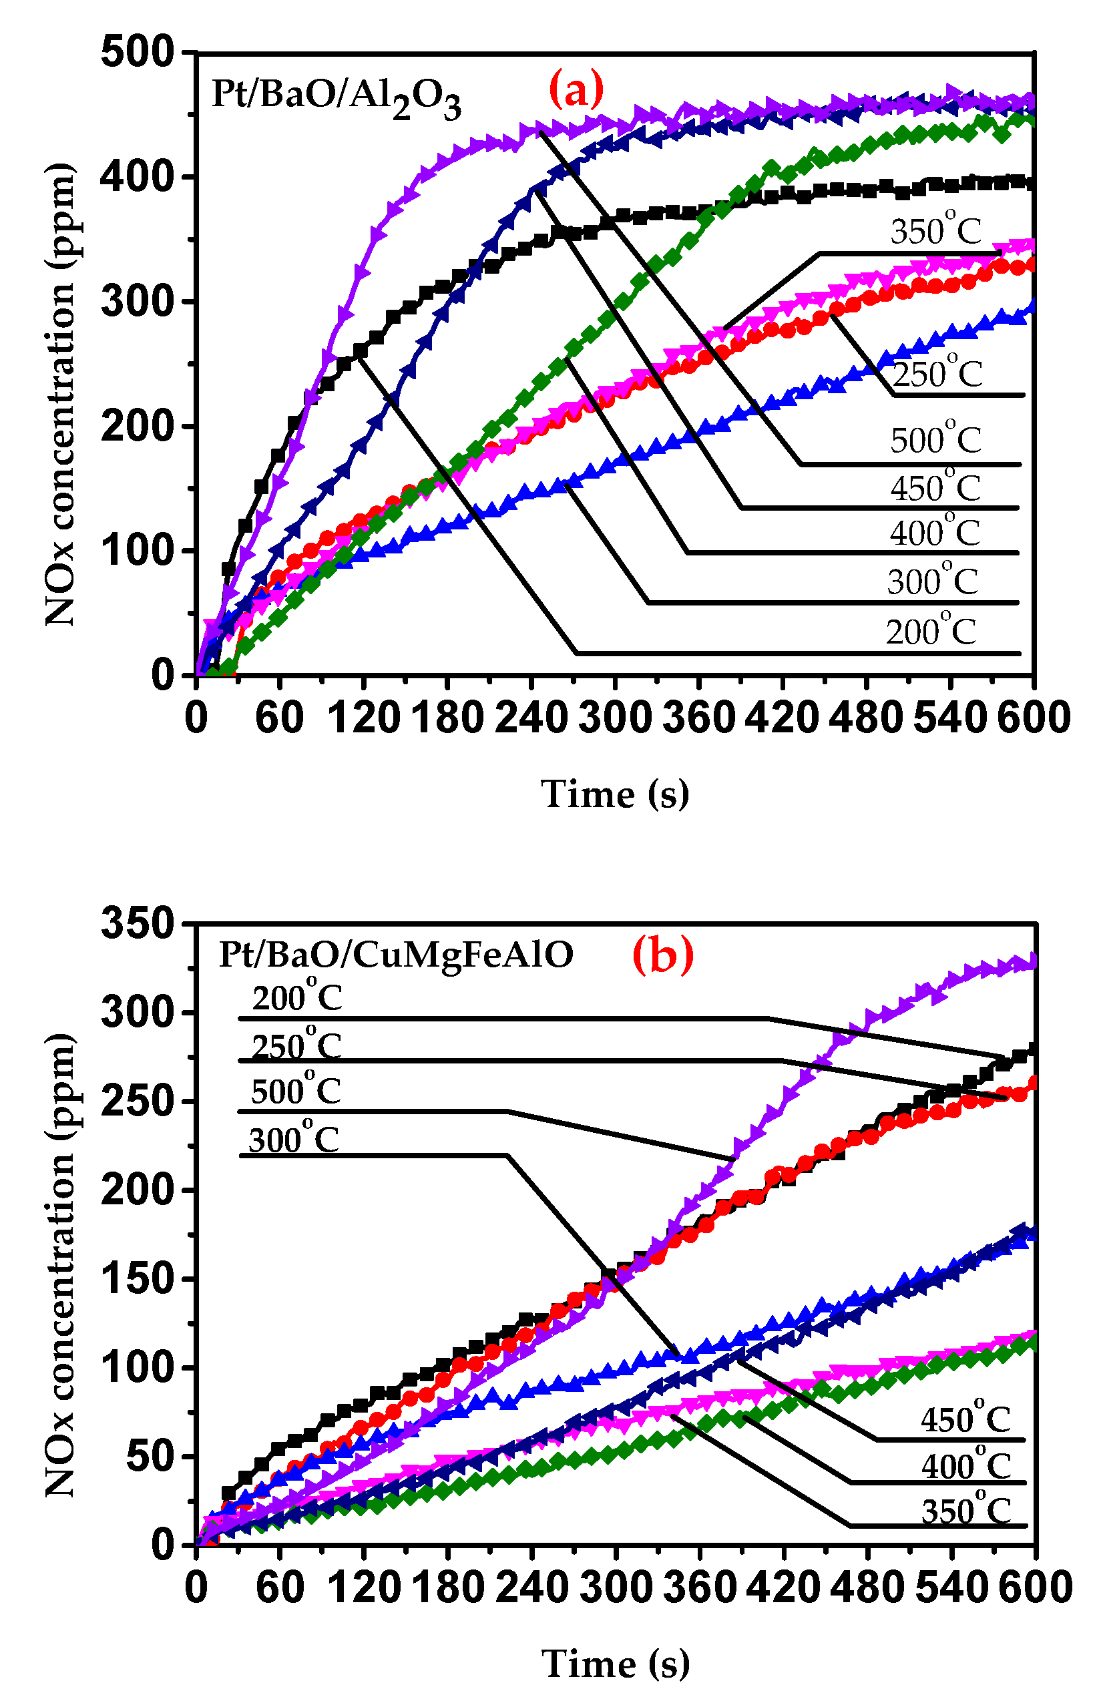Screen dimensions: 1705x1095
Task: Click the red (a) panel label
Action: (576, 89)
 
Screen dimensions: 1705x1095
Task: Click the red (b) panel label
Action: (663, 955)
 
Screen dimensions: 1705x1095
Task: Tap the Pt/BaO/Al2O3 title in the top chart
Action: (337, 97)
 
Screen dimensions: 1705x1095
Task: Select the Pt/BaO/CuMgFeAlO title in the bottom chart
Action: (396, 955)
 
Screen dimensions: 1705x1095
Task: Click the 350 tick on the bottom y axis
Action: (138, 924)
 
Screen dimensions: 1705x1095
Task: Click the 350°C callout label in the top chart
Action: (935, 230)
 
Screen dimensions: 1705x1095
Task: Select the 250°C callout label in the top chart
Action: (937, 373)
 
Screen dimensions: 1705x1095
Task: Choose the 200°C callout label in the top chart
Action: (931, 630)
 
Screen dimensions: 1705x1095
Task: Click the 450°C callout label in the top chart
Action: (935, 487)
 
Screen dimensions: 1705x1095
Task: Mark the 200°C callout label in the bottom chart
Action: (297, 997)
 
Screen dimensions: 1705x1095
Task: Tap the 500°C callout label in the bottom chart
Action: (296, 1089)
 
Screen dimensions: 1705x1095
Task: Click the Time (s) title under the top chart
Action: (615, 794)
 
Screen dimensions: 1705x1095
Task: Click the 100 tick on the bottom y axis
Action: (138, 1367)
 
